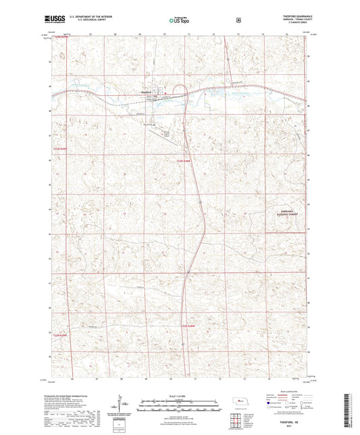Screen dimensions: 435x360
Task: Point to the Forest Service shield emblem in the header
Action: click(238, 20)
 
